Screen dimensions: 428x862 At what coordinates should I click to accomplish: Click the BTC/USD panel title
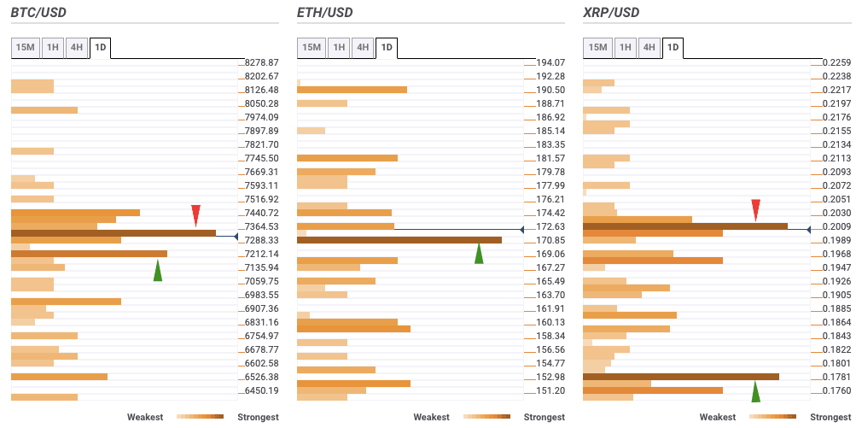click(38, 13)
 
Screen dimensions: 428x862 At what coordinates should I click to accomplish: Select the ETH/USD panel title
click(324, 13)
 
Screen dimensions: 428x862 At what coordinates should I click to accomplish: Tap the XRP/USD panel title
click(611, 13)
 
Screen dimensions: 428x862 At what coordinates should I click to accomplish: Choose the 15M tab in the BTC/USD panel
click(25, 48)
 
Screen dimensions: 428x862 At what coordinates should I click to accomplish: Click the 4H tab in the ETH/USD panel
click(363, 48)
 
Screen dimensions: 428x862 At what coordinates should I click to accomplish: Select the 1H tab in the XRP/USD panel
click(625, 48)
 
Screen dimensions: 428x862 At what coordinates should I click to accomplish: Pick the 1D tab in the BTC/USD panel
click(101, 48)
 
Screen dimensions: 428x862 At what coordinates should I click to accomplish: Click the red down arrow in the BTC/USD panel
click(195, 214)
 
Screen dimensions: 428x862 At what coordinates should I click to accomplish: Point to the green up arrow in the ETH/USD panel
click(479, 254)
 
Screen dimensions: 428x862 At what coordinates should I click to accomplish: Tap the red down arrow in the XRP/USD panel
click(755, 209)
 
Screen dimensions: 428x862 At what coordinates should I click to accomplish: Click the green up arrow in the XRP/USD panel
click(755, 391)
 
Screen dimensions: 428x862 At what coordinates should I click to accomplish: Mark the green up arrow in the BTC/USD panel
click(158, 271)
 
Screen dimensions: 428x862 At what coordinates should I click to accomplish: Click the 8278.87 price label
click(261, 62)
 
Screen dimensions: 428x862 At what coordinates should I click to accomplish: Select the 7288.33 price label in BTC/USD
click(261, 240)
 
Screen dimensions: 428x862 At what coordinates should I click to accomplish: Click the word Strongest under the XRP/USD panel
click(830, 417)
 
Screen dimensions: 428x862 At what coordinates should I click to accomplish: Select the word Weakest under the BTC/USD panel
click(146, 417)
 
